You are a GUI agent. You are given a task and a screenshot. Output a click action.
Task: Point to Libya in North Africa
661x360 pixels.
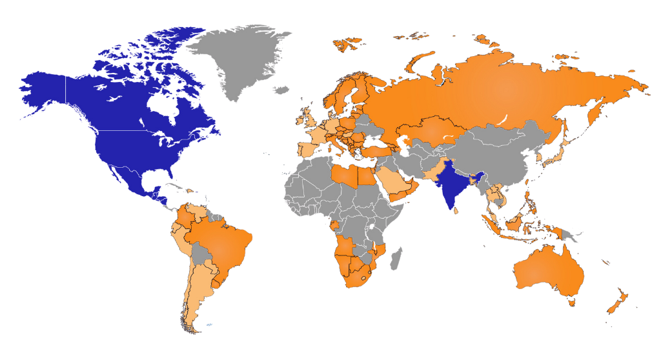(x=345, y=175)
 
